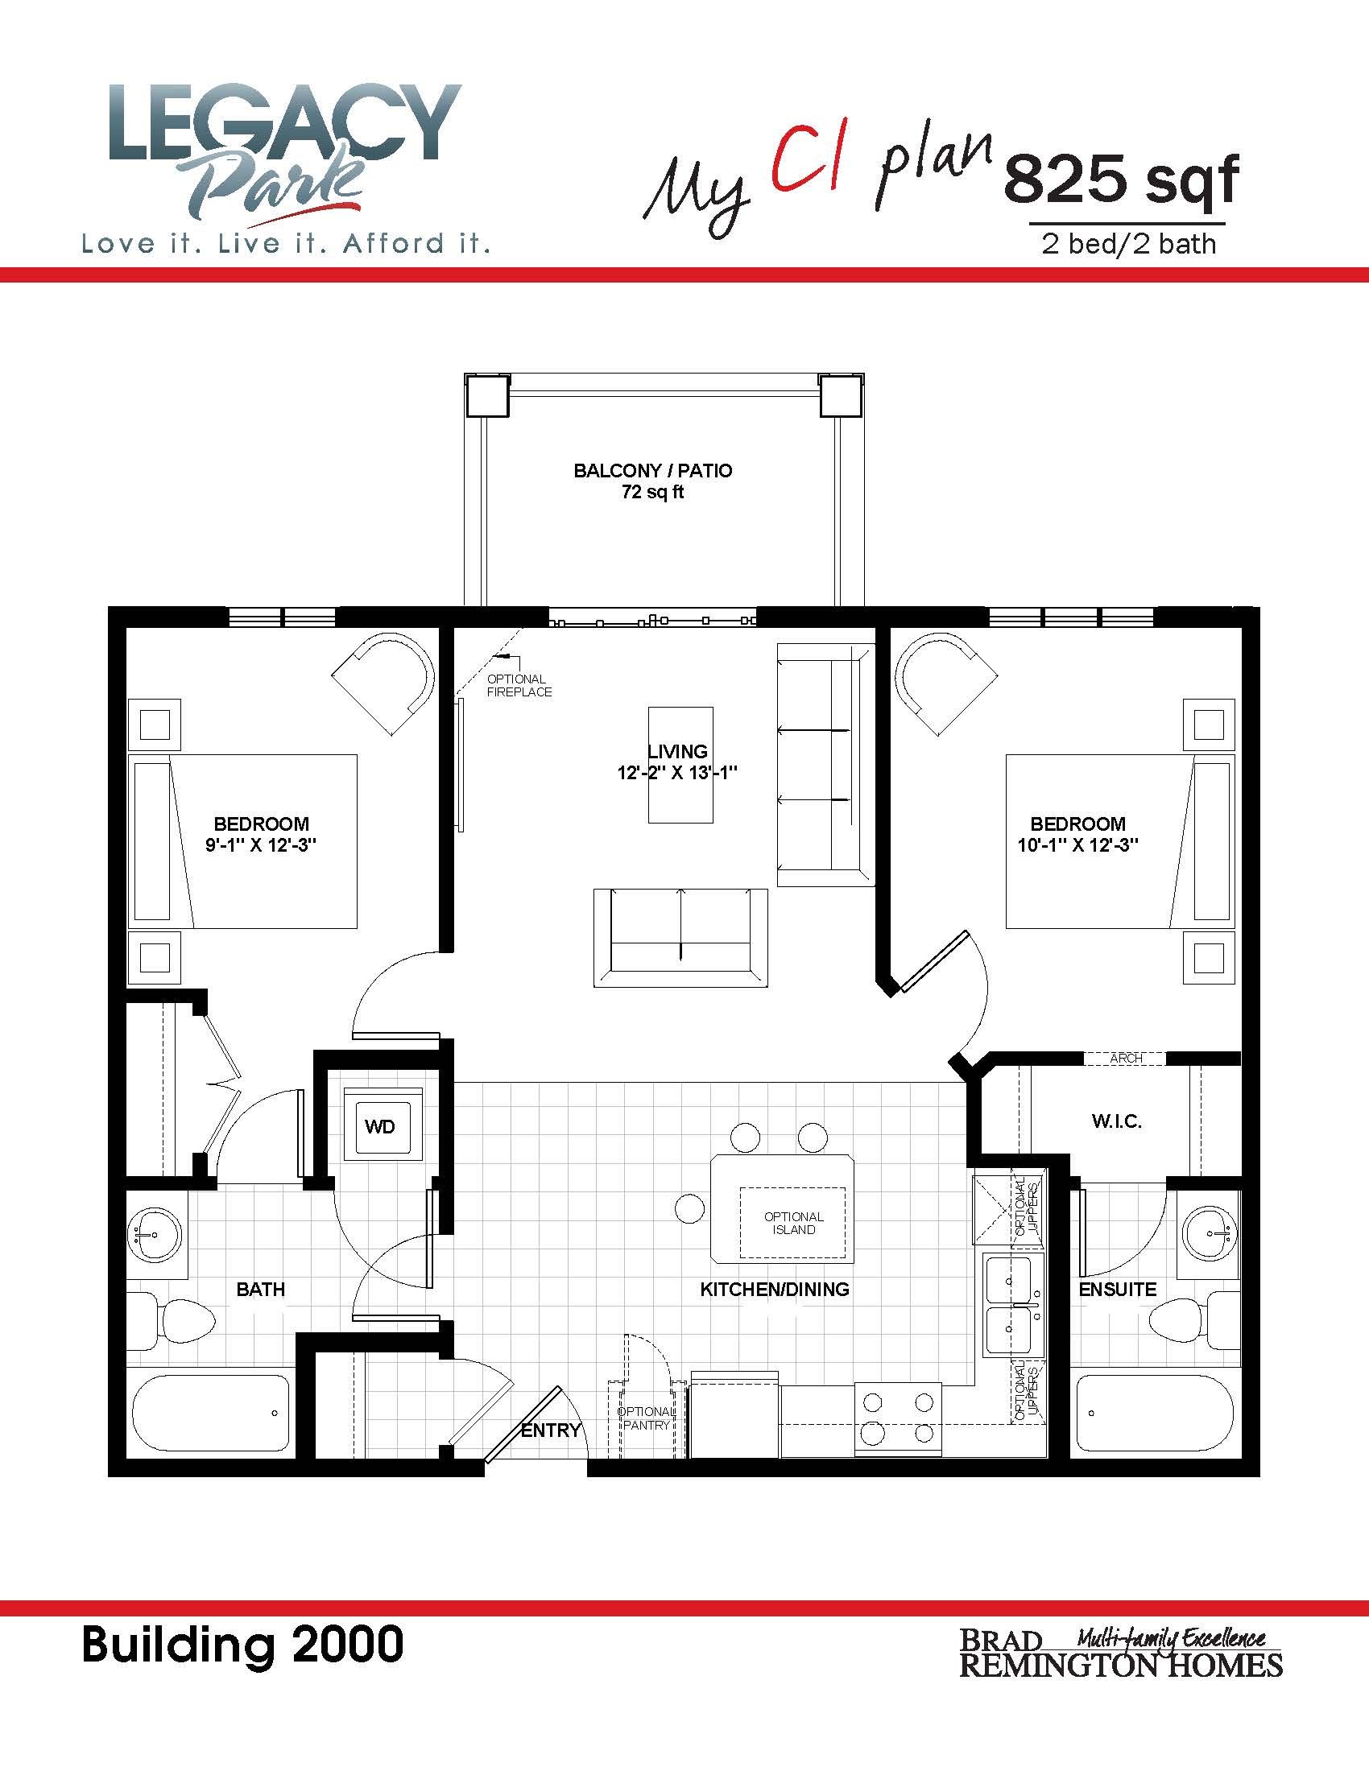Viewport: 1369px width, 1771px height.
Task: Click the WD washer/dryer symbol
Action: point(381,1125)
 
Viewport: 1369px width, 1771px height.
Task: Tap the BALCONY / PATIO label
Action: point(653,471)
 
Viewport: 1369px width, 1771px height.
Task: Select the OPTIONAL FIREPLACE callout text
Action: point(519,685)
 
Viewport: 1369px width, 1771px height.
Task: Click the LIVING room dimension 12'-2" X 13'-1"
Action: point(677,773)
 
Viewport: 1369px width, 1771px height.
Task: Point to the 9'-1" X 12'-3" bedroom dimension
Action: point(260,845)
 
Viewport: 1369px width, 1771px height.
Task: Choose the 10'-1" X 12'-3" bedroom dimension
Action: point(1077,845)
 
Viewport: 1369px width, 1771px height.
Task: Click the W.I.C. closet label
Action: point(1117,1121)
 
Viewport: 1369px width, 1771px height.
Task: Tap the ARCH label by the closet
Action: point(1127,1059)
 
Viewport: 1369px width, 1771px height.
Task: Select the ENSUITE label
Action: point(1118,1289)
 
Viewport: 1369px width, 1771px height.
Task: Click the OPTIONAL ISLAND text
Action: point(794,1223)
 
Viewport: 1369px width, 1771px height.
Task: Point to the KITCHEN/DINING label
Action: point(775,1289)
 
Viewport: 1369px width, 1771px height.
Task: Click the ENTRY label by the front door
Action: point(551,1430)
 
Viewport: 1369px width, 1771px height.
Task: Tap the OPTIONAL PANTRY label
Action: point(645,1418)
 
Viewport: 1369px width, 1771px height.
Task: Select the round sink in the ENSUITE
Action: point(1210,1234)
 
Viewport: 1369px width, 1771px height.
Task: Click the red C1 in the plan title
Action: point(809,167)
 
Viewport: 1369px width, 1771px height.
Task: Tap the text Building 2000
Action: point(242,1645)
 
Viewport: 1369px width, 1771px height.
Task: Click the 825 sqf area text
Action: point(1122,180)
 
